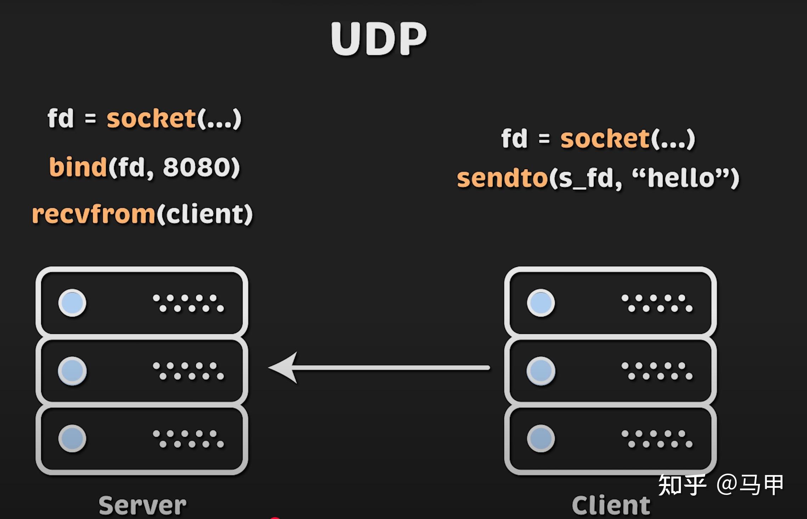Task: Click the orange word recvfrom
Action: point(94,214)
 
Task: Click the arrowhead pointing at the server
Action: point(283,368)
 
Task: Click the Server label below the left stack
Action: point(142,505)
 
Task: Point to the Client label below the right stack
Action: point(611,505)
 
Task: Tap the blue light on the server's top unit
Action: point(72,303)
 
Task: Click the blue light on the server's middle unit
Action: point(72,371)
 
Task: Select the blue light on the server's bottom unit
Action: point(72,439)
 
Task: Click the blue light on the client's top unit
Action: point(541,303)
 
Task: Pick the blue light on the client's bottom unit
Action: point(541,439)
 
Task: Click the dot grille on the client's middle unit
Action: point(657,371)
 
